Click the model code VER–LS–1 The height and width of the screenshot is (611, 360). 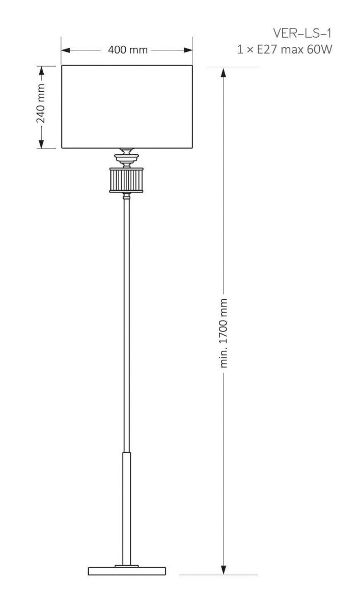coord(302,33)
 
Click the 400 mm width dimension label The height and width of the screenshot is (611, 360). coord(128,50)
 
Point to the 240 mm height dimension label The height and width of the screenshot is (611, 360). coord(41,103)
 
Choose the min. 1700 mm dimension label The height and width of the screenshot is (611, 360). coord(224,333)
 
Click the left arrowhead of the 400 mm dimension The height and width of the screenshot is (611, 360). coord(66,50)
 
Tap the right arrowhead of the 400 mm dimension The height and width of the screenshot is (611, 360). coord(188,50)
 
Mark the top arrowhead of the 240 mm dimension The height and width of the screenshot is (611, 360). coord(41,71)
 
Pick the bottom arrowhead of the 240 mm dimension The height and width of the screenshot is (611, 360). coord(41,144)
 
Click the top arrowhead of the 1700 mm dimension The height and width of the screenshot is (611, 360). coord(224,72)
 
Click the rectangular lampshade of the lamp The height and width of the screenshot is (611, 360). coord(127,106)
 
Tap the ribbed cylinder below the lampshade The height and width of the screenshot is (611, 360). coord(126,180)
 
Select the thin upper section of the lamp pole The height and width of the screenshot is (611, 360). coord(126,325)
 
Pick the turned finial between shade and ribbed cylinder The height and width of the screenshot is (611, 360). coord(126,158)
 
